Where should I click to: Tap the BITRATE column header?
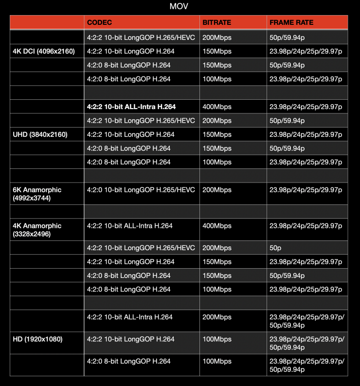point(216,22)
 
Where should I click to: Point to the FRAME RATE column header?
point(291,22)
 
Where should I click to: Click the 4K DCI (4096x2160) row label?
point(44,51)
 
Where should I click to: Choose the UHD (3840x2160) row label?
point(40,134)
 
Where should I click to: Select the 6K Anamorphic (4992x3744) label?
point(37,194)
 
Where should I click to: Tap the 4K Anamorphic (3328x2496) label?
point(37,230)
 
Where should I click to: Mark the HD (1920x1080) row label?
point(37,339)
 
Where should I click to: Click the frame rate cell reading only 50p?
point(276,248)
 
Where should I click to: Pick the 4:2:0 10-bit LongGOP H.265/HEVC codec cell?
point(141,190)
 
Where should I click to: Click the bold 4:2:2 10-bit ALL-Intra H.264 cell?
point(131,107)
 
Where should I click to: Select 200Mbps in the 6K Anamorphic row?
point(216,190)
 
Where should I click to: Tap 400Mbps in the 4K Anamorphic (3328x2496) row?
point(216,226)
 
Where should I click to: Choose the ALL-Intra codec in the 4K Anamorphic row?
point(129,226)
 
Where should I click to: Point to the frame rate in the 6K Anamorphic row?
point(306,190)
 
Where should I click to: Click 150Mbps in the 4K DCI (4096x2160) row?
point(216,51)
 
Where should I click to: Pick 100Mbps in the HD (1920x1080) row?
point(216,339)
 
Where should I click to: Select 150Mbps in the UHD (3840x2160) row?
point(216,134)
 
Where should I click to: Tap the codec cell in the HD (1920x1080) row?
point(130,339)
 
